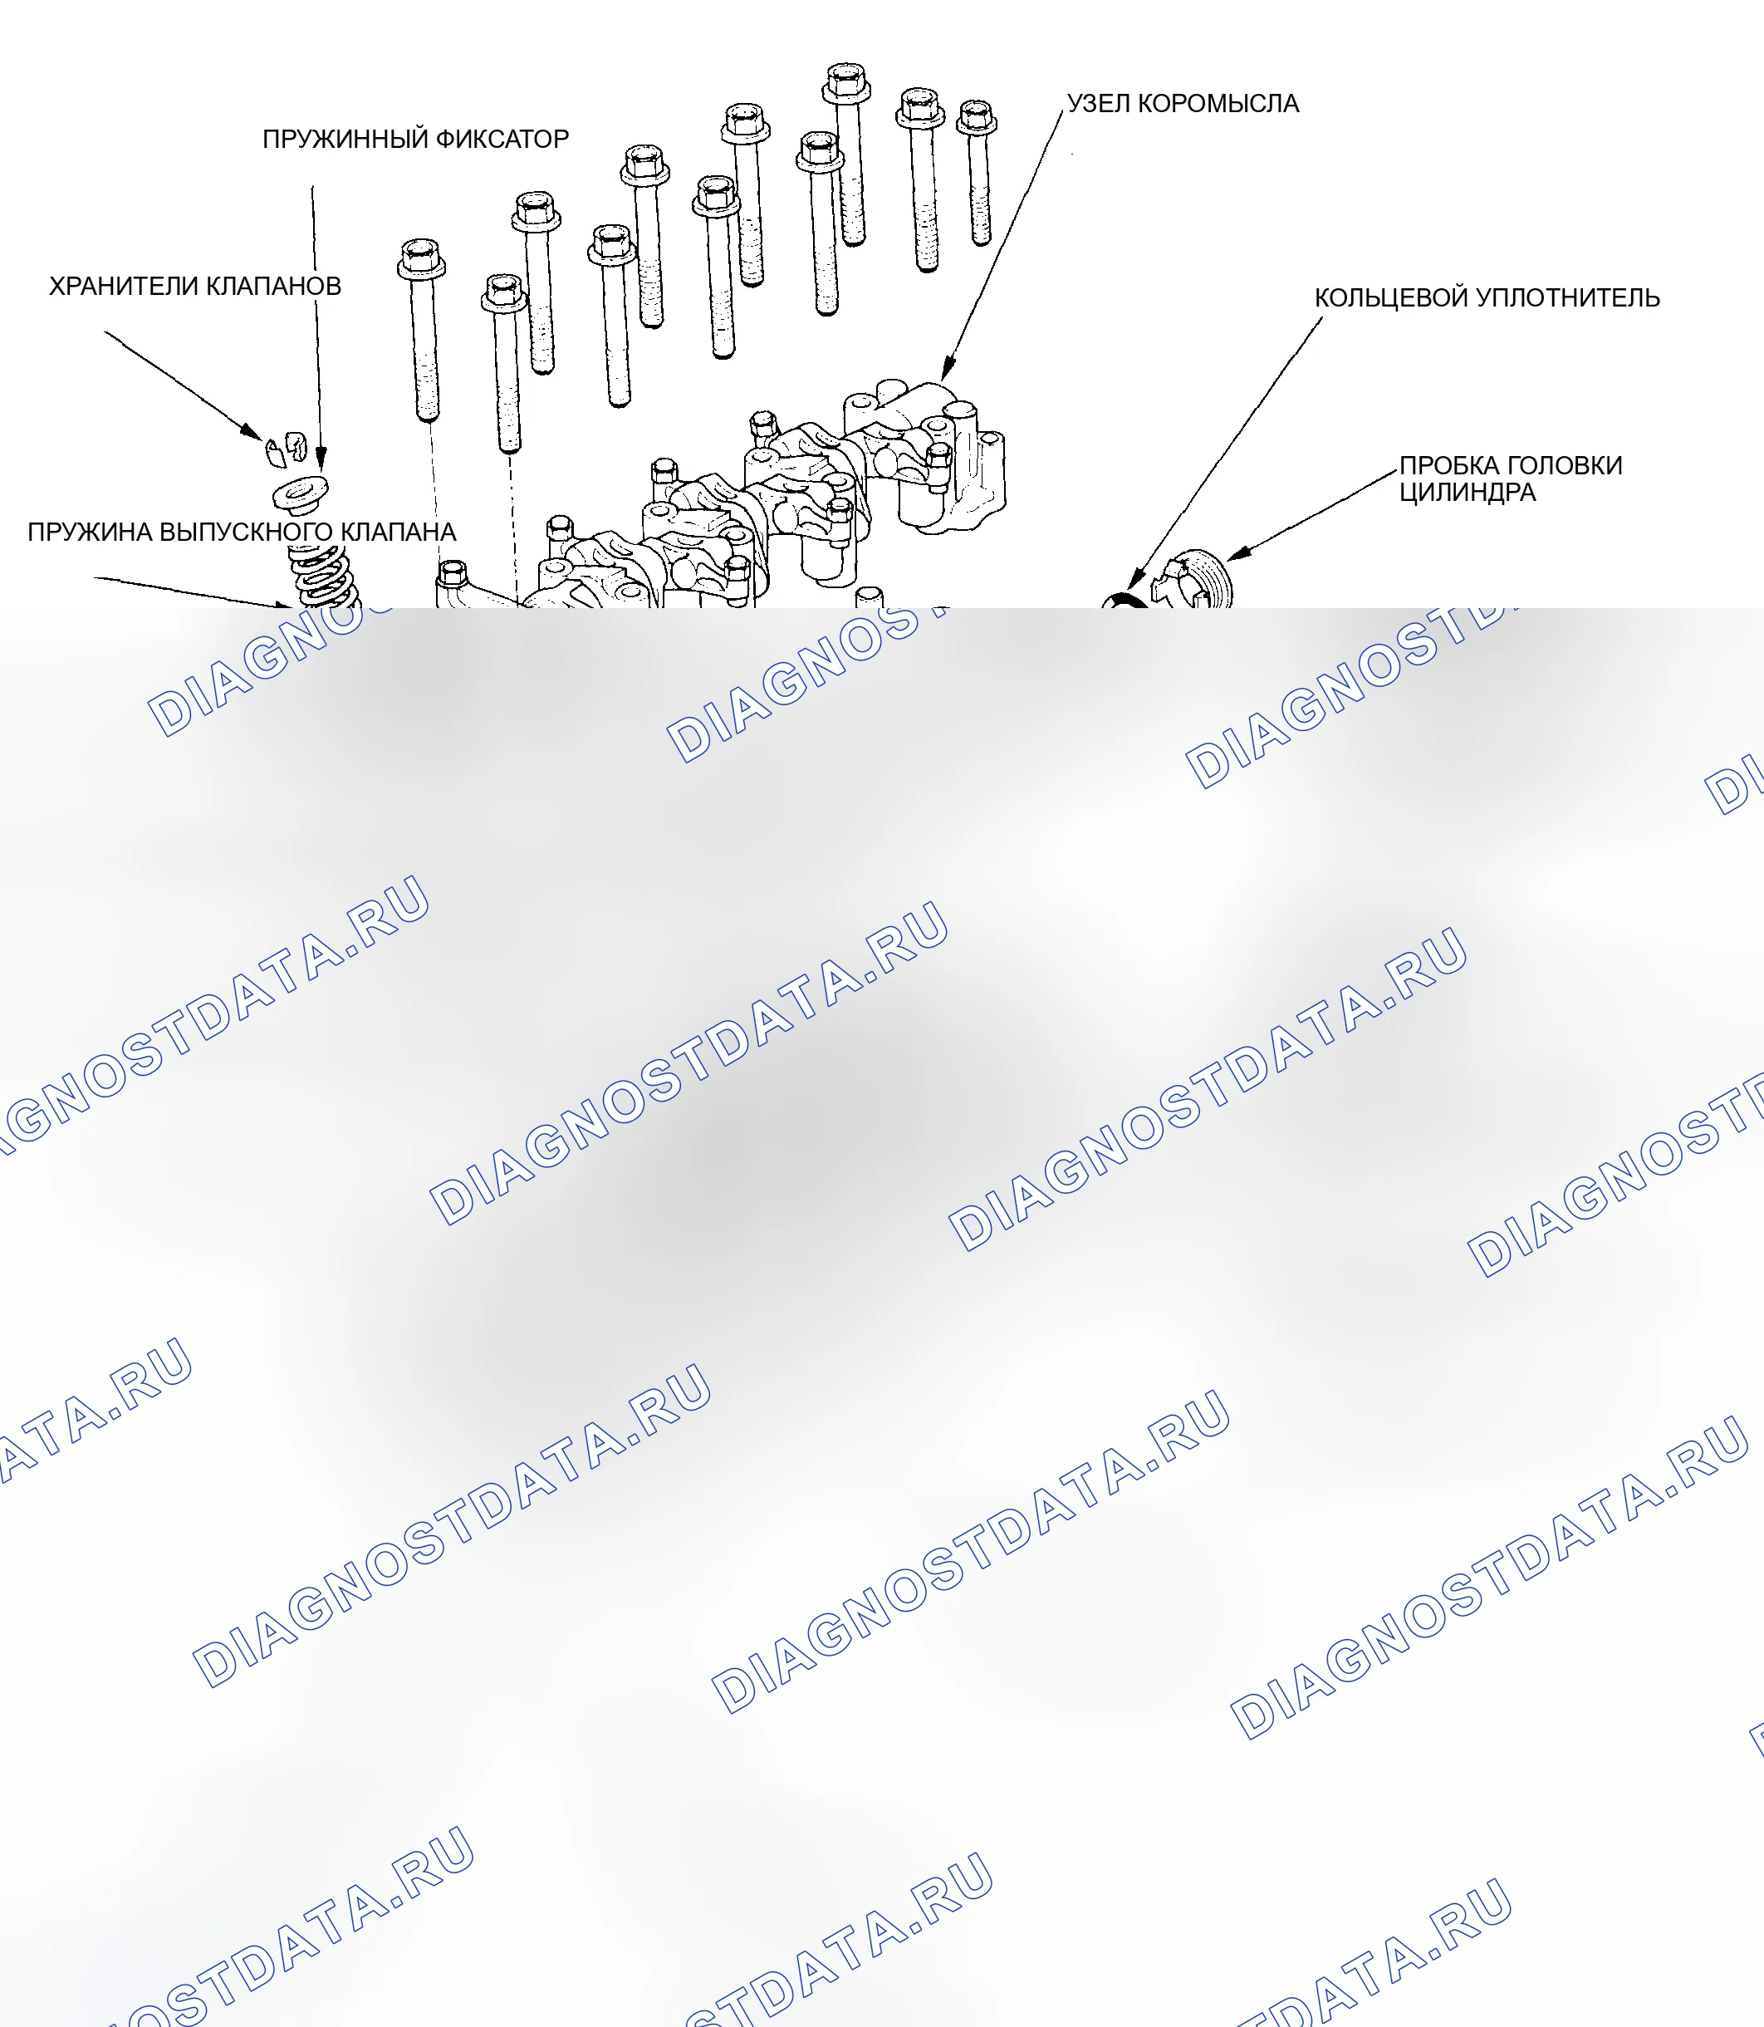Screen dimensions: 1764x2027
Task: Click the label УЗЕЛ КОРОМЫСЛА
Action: pos(1183,103)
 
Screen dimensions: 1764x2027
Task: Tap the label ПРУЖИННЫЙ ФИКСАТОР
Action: pos(415,139)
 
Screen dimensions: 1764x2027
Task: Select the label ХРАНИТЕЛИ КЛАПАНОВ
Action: pos(195,287)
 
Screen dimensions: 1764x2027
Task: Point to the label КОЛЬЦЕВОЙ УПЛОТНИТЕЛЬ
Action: pos(1487,297)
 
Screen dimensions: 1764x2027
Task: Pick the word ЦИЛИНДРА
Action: pos(1468,493)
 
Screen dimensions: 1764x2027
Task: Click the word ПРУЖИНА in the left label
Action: pos(90,533)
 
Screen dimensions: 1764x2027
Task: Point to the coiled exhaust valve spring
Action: pos(323,578)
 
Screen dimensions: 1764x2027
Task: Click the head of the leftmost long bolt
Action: pos(421,258)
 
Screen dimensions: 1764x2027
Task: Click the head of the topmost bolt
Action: pos(846,81)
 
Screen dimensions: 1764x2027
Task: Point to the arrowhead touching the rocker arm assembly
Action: pos(948,369)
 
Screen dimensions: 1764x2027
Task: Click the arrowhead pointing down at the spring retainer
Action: pos(320,459)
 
